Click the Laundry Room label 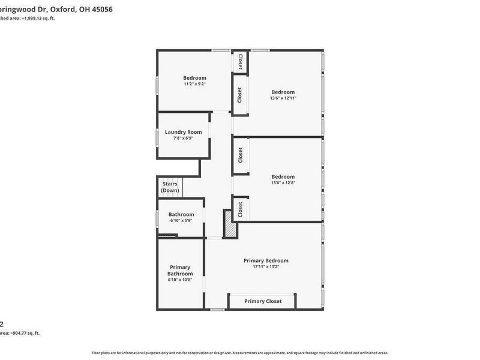point(183,132)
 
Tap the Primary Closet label point(263,301)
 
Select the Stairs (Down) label point(170,187)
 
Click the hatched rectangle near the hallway point(229,223)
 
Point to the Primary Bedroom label point(266,260)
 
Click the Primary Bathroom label point(180,270)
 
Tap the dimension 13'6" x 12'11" point(283,98)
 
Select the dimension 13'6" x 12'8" point(283,182)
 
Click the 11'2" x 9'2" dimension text point(194,84)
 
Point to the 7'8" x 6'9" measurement point(183,138)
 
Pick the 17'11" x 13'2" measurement point(266,266)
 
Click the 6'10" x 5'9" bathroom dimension point(181,220)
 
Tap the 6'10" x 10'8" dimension point(180,279)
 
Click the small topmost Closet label point(240,61)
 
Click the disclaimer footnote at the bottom point(240,353)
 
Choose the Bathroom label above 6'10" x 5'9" point(181,214)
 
